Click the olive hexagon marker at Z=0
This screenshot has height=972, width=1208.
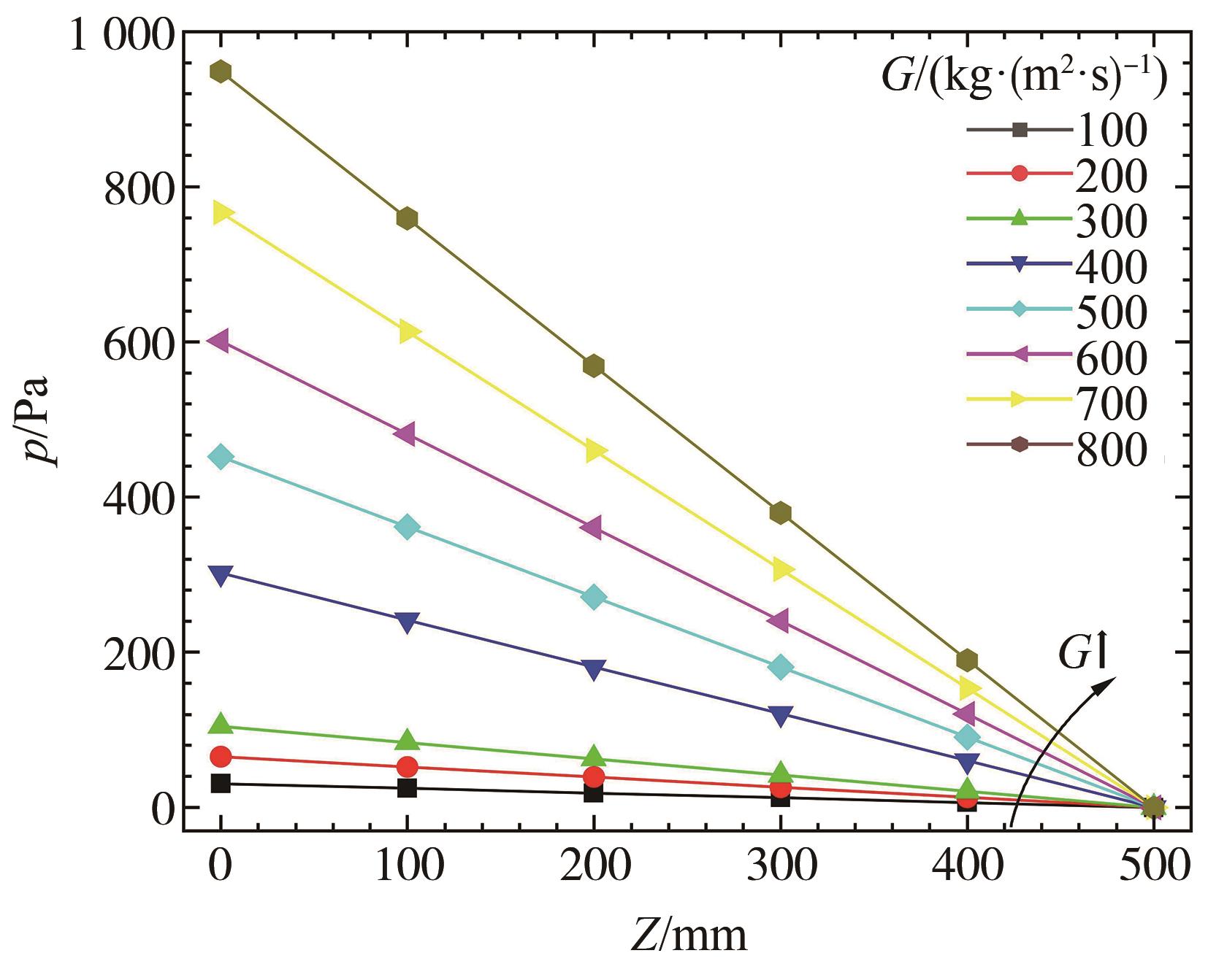click(221, 72)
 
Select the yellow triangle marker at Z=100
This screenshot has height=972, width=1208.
click(408, 332)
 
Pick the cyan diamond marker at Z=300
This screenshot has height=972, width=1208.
click(781, 667)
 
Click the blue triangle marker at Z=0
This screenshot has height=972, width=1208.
click(221, 575)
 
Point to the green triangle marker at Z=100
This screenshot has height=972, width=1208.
click(408, 741)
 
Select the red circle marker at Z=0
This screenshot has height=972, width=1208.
click(221, 757)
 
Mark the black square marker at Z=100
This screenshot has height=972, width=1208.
click(408, 788)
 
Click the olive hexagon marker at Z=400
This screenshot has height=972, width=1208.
click(967, 660)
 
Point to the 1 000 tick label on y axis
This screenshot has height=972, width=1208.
click(122, 35)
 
